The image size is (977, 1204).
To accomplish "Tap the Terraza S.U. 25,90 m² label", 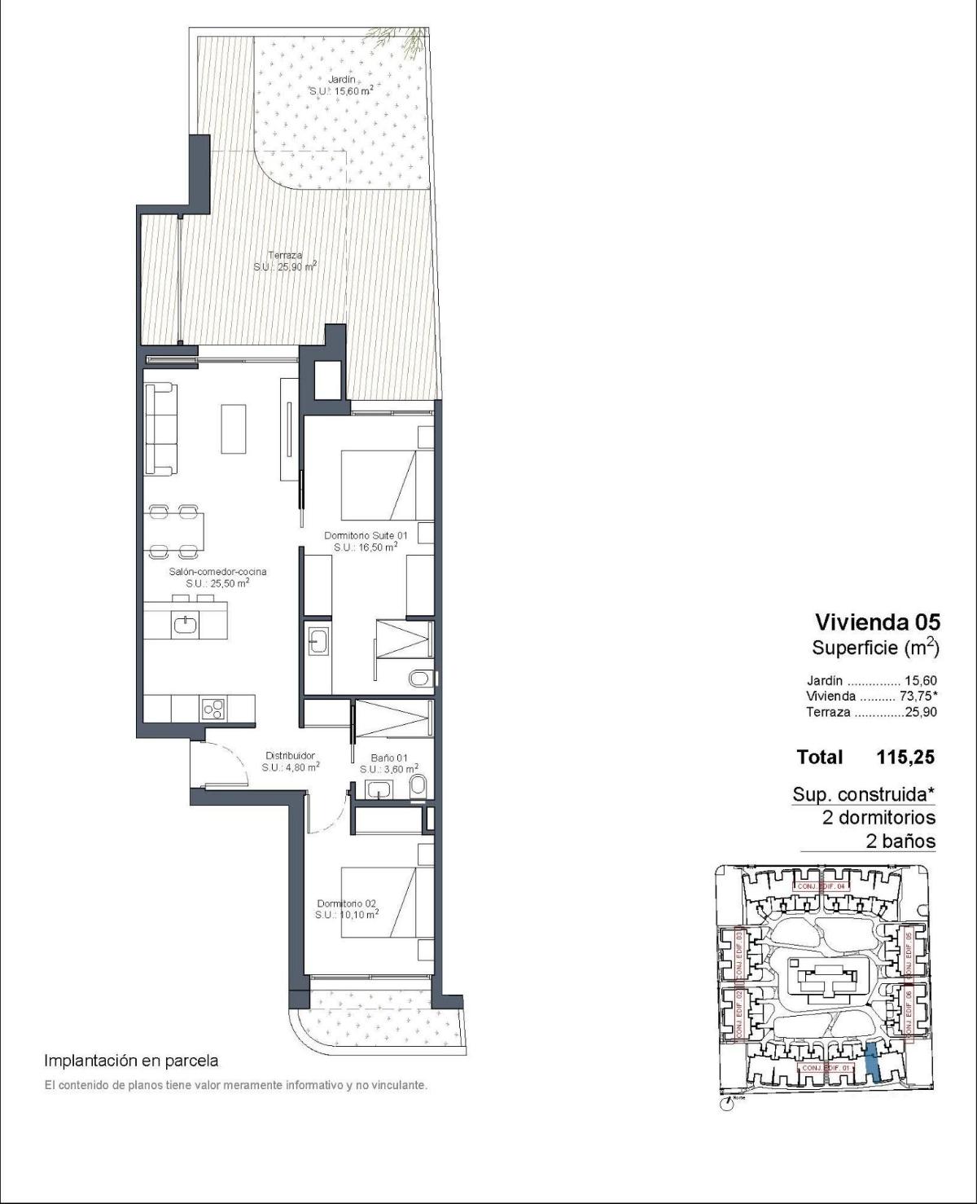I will point(285,261).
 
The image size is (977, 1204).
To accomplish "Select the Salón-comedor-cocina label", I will point(217,577).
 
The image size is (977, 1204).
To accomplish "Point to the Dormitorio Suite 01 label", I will point(366,541).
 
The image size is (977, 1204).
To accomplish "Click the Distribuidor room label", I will point(290,761).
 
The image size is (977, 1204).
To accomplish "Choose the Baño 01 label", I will point(388,762).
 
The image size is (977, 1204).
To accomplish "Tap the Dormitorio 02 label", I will point(347,908).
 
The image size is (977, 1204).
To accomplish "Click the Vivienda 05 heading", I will point(877,622).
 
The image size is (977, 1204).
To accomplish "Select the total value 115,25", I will point(905,757).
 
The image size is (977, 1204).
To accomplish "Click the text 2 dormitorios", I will point(878,817).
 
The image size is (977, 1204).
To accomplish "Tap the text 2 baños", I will point(900,841).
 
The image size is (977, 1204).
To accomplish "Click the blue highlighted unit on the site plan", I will point(871,1061).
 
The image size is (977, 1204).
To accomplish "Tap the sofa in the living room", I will point(160,428).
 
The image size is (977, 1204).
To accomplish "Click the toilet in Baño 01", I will point(418,785).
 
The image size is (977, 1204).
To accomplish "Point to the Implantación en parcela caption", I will point(131,1061).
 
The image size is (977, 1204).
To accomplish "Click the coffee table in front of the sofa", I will point(234,428).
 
